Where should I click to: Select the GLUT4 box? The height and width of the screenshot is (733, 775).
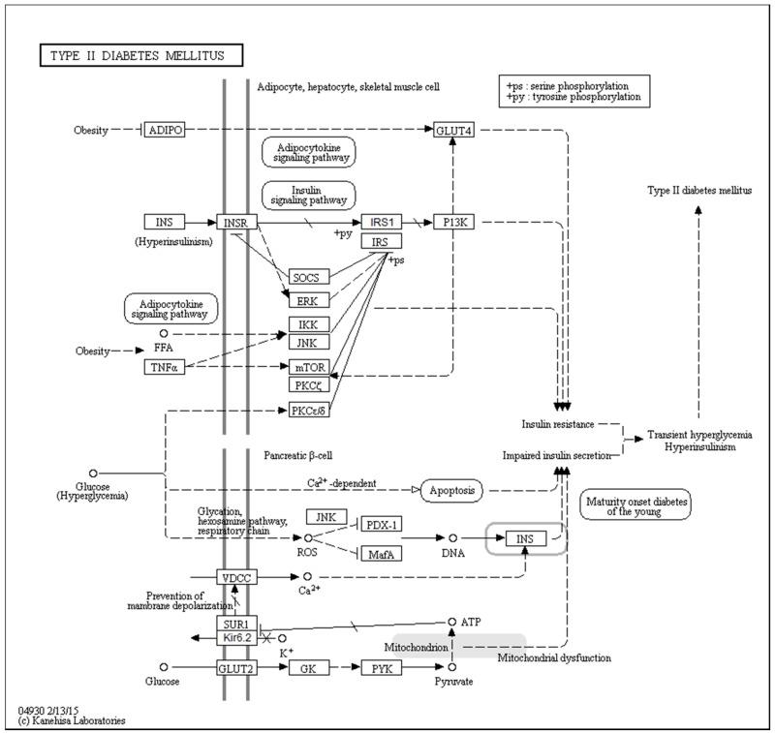coord(454,130)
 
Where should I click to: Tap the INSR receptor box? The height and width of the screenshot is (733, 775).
coord(234,222)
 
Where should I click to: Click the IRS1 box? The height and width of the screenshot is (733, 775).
coord(381,222)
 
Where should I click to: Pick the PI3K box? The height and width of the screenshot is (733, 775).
coord(454,222)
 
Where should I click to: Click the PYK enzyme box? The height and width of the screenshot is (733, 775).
coord(381,667)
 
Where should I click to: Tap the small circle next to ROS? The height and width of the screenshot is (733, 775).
coord(308,537)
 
